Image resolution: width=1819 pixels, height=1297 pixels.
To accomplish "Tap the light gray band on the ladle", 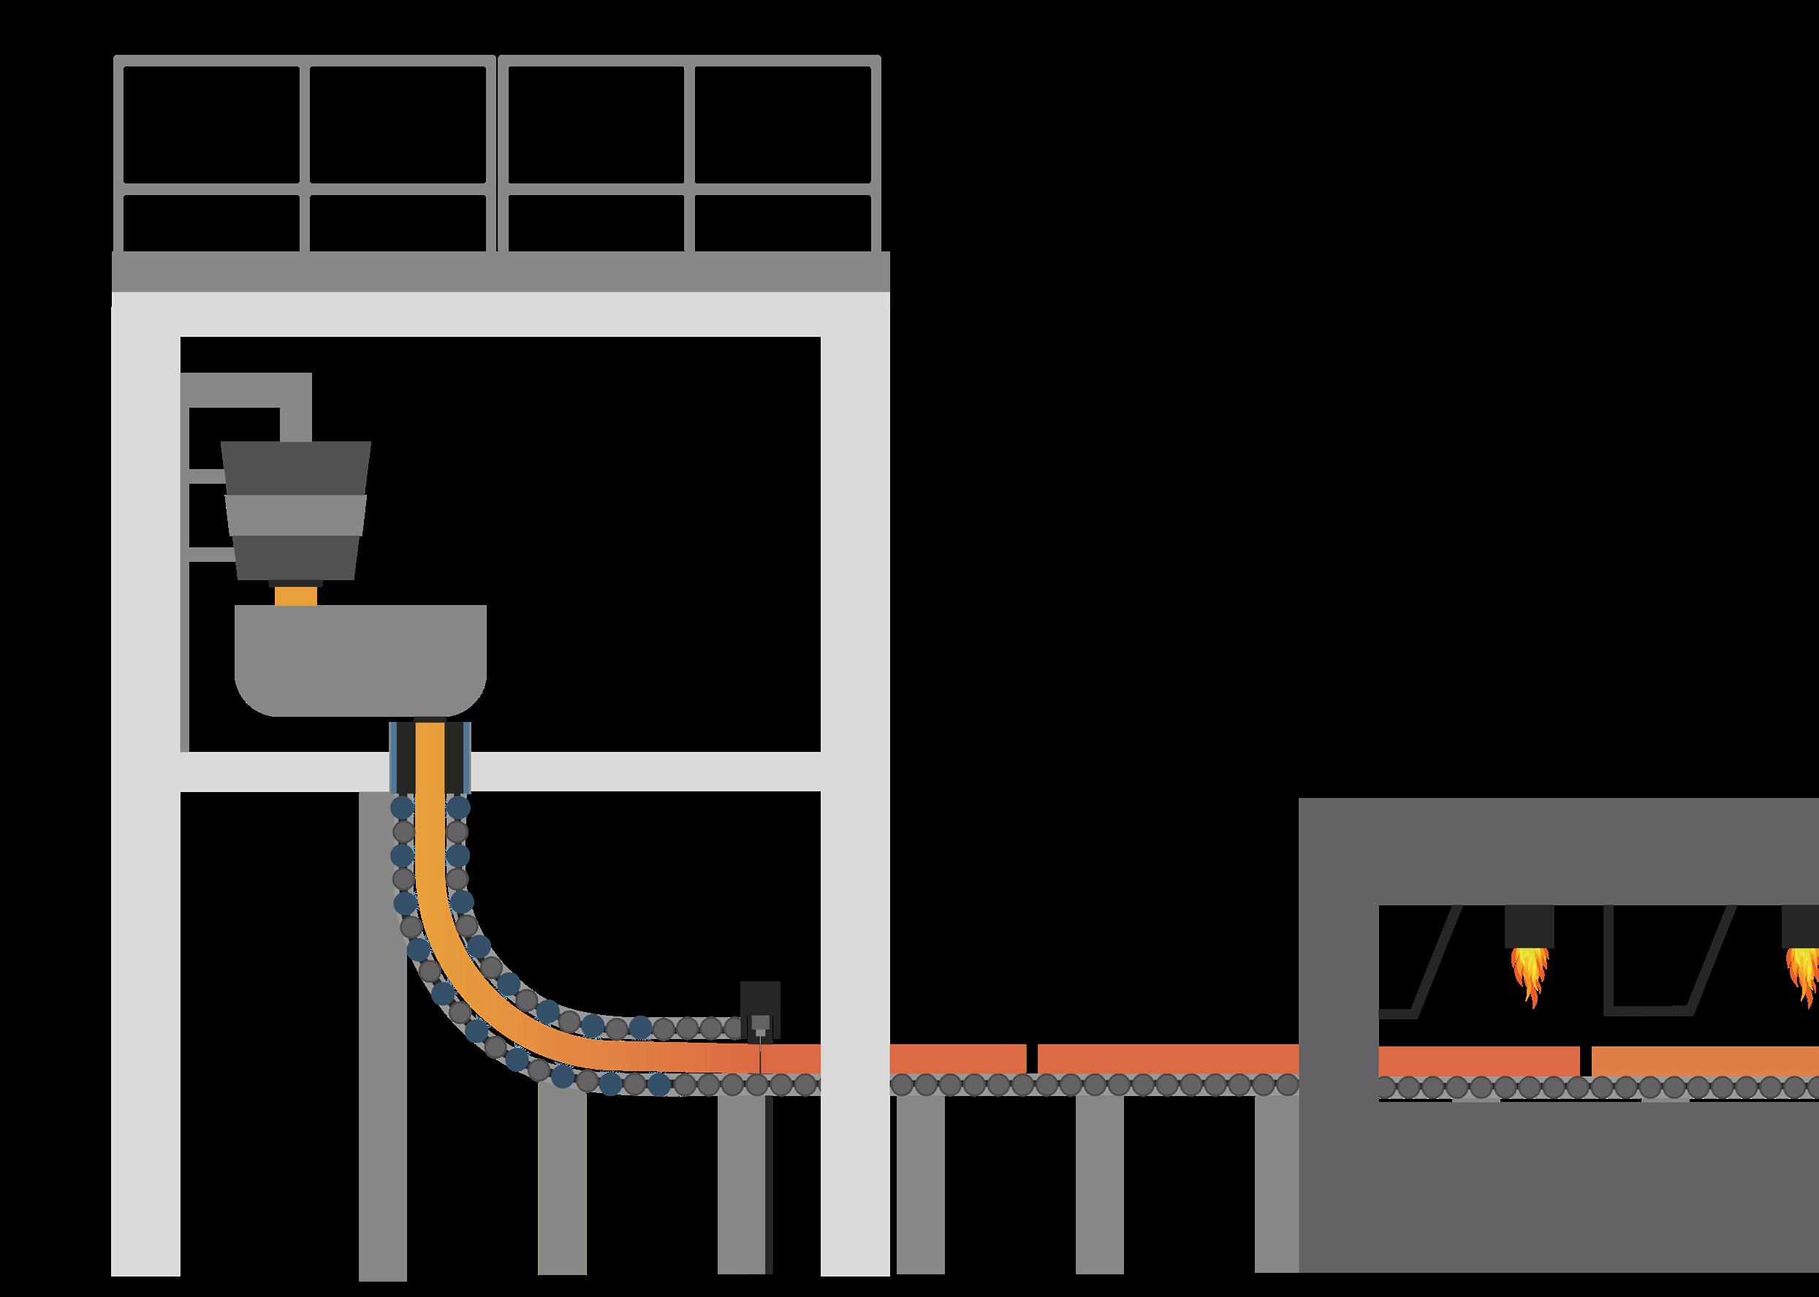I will coord(295,514).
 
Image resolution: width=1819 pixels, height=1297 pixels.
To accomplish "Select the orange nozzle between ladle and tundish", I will coord(295,596).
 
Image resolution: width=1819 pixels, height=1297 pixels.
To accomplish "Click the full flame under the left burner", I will coord(1529,974).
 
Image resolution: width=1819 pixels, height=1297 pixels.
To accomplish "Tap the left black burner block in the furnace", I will coord(1529,927).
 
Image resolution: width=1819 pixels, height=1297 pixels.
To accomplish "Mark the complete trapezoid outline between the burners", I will coord(1670,959).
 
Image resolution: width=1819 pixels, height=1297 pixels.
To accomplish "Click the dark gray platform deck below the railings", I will coord(500,272).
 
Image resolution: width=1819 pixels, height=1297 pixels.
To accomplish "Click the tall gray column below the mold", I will coord(383,1038).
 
